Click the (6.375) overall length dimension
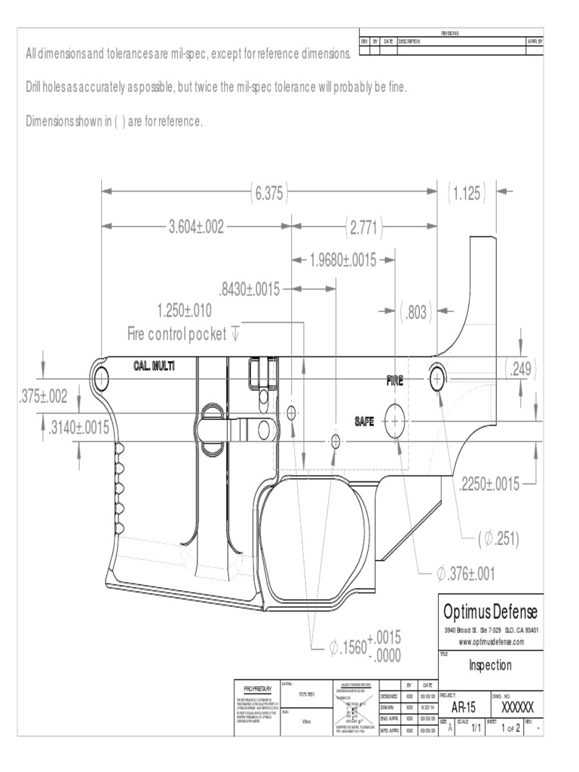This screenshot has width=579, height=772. click(268, 194)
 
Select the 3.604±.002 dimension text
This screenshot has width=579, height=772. click(196, 227)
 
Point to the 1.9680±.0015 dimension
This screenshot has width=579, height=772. click(342, 260)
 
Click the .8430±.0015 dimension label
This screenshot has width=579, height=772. click(249, 289)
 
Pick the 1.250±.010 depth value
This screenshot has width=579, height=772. click(184, 311)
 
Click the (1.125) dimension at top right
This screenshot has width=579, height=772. click(467, 194)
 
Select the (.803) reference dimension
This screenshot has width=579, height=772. click(414, 311)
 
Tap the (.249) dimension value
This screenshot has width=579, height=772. click(521, 369)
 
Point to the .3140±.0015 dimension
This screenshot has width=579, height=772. click(78, 428)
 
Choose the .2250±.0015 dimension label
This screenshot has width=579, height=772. click(489, 484)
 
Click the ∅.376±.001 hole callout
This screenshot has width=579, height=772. click(465, 574)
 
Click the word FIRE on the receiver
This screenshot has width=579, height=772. click(395, 381)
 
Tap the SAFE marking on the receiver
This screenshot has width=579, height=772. click(366, 421)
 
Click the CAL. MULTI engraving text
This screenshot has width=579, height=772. click(154, 366)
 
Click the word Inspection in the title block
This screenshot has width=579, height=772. click(490, 665)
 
